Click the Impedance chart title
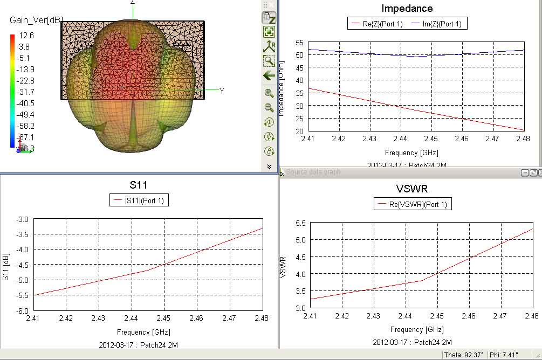coord(407,9)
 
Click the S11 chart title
coord(139,185)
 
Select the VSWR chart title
coord(413,189)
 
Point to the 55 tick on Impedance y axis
coord(299,43)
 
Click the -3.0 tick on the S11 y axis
coord(22,219)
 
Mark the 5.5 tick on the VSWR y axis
coord(301,223)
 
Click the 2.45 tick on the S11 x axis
coord(164,319)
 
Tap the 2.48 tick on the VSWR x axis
coord(532,316)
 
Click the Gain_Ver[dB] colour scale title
coord(36,20)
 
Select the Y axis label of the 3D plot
coord(222,91)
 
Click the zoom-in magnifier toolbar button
coord(269,93)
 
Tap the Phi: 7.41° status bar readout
coord(504,355)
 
